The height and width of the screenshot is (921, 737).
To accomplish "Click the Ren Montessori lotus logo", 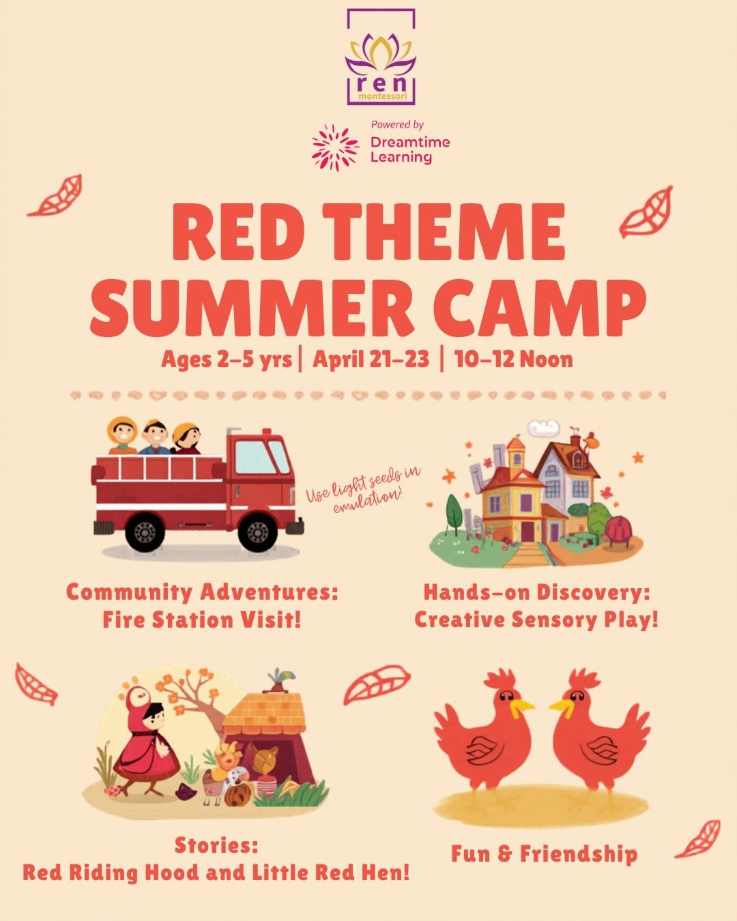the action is pyautogui.click(x=380, y=57).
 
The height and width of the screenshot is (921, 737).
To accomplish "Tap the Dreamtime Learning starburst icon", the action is pyautogui.click(x=336, y=147).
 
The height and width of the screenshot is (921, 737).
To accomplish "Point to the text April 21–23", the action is pyautogui.click(x=371, y=359).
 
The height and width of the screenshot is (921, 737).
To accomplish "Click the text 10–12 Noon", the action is pyautogui.click(x=514, y=359).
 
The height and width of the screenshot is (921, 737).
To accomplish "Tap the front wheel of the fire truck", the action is pyautogui.click(x=257, y=531).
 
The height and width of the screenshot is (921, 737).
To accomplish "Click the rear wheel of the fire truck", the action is pyautogui.click(x=145, y=532).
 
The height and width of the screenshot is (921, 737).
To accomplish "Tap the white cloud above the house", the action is pyautogui.click(x=544, y=427).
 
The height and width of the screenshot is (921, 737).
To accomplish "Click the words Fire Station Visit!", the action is pyautogui.click(x=202, y=620).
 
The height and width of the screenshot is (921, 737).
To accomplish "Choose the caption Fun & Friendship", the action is pyautogui.click(x=545, y=854).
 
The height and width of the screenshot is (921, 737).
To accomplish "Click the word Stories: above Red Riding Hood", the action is pyautogui.click(x=216, y=845).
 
